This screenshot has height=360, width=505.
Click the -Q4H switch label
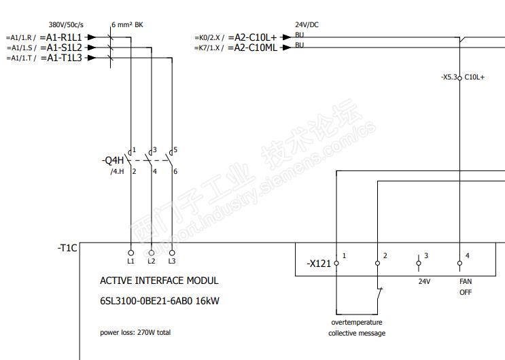tap(113, 160)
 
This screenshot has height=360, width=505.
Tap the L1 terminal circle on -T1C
tap(130, 253)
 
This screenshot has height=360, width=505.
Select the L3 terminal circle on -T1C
tap(172, 253)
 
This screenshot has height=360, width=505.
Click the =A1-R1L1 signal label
tap(61, 37)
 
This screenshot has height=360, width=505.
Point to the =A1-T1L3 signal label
tap(62, 58)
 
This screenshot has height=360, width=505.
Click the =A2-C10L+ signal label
tap(253, 37)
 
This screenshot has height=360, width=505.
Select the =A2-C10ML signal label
tap(253, 48)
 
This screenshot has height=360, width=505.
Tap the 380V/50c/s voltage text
tap(66, 25)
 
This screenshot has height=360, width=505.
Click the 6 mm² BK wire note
tap(127, 25)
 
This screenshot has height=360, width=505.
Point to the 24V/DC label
tap(307, 25)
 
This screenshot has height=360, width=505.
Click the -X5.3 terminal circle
tap(459, 78)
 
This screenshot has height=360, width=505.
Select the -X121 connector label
tap(319, 264)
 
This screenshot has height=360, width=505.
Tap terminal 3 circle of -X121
tap(419, 263)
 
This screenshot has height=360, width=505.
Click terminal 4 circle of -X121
tap(459, 263)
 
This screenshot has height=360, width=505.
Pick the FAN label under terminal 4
tap(466, 281)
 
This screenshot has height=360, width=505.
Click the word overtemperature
tap(357, 323)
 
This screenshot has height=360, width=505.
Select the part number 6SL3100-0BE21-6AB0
tap(146, 301)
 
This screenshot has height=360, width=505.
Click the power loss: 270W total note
tap(135, 332)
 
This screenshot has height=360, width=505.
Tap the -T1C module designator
tap(67, 248)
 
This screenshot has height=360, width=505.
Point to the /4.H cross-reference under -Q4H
tap(117, 171)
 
